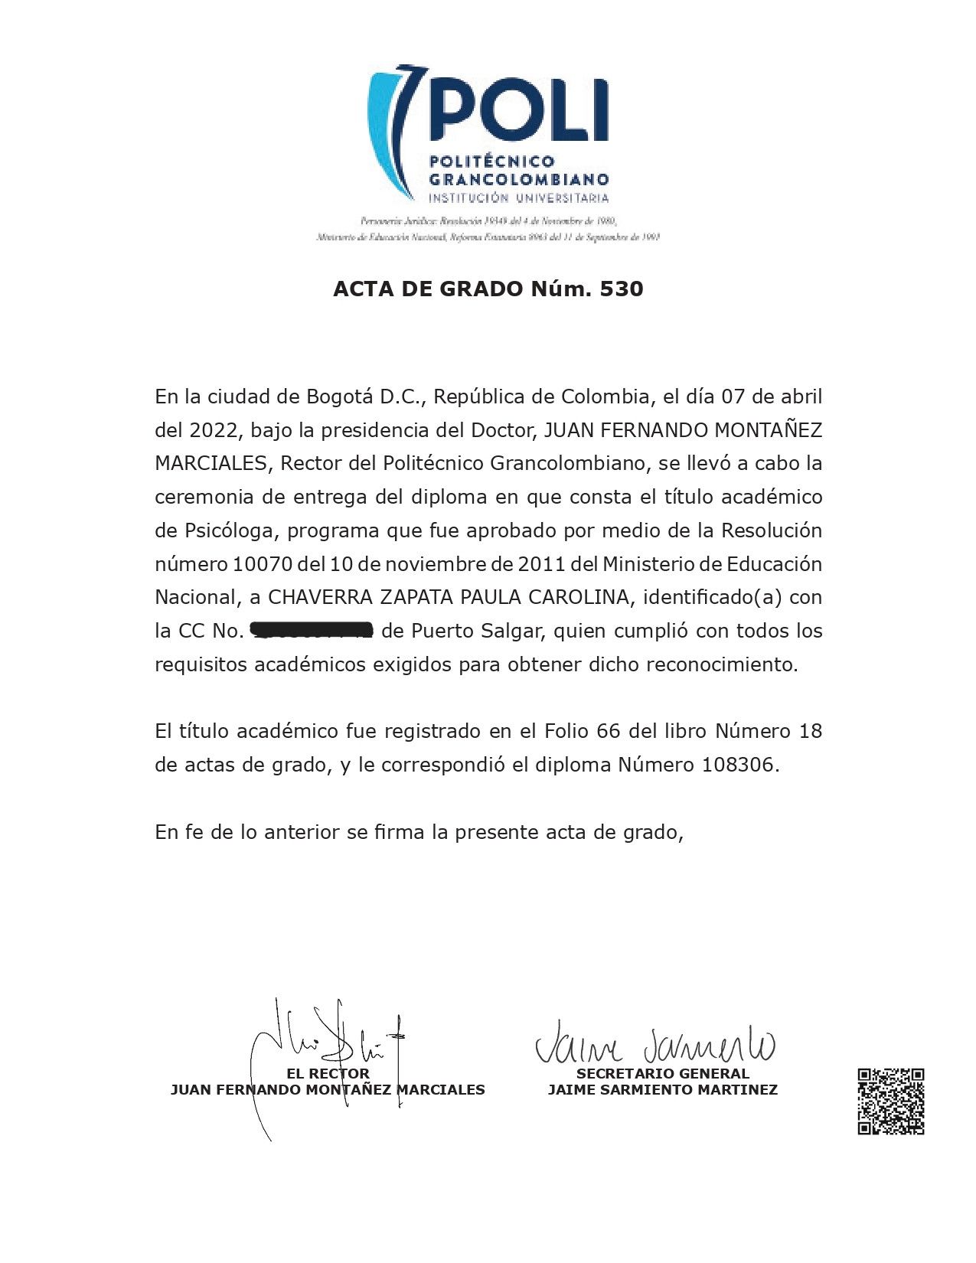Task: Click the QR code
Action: point(890,1101)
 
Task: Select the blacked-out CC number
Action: point(311,631)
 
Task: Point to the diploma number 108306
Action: point(738,765)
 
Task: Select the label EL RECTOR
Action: point(328,1073)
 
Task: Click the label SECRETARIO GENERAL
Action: point(662,1073)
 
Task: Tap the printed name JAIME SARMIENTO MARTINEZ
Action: point(662,1089)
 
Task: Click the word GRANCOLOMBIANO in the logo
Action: point(519,180)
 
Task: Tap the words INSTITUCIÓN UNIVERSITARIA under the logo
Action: point(519,198)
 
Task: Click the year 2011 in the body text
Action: point(543,564)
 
